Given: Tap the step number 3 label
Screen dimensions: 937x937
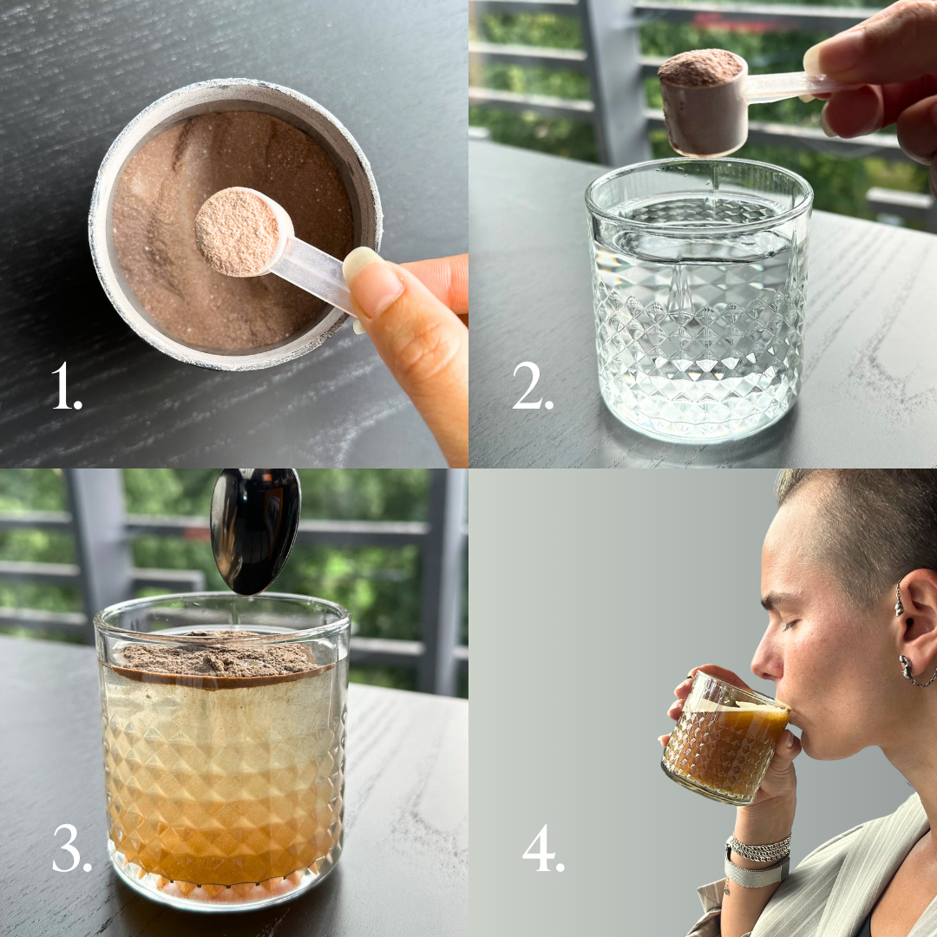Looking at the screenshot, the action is coord(72,848).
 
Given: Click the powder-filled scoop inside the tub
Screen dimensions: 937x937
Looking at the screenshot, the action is coord(244,233).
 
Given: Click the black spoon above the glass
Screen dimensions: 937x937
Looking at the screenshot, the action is coord(255,531).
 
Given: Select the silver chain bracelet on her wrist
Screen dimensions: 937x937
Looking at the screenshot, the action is coord(758,848).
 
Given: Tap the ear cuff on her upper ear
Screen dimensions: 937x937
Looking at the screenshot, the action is coord(899,600).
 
